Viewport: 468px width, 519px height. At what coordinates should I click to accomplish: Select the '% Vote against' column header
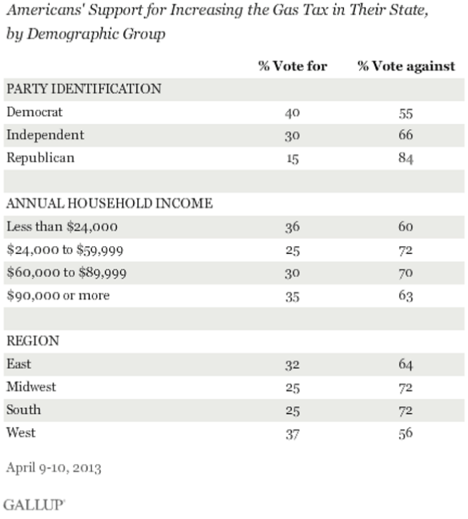click(x=406, y=67)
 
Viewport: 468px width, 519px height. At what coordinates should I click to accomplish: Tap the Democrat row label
click(x=34, y=111)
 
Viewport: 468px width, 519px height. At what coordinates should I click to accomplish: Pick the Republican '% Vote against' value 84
click(x=405, y=159)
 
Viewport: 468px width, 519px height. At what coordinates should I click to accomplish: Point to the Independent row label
click(x=45, y=135)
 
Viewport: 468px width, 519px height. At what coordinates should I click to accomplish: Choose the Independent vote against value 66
click(x=405, y=135)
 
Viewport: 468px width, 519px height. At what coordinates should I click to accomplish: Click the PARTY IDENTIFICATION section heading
click(x=84, y=89)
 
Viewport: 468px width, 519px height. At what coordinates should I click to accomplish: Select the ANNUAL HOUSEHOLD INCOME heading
click(x=109, y=204)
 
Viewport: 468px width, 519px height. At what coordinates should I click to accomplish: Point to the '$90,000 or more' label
click(x=58, y=295)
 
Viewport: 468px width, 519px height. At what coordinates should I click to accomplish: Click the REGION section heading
click(x=32, y=341)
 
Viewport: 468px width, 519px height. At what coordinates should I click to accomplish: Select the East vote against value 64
click(x=405, y=364)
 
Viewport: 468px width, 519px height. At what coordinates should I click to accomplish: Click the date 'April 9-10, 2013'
click(x=53, y=467)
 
